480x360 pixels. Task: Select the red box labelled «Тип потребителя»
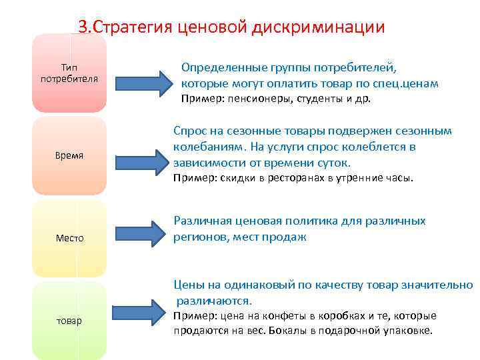point(69,73)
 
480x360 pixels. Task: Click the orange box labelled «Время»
point(69,156)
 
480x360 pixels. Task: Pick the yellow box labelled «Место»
point(69,238)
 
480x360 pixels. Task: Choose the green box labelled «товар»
point(69,321)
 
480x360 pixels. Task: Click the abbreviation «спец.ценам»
point(406,84)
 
